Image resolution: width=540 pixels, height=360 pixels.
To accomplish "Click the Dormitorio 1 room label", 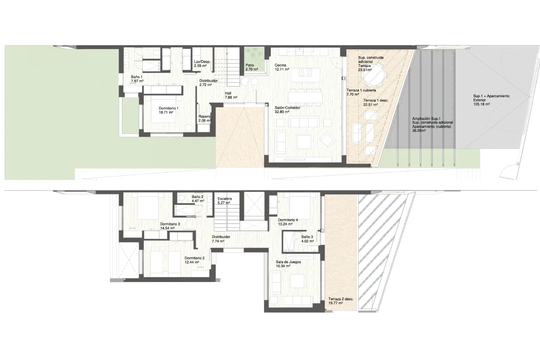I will click(168, 108).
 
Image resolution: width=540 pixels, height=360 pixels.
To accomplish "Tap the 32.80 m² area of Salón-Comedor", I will click(282, 112).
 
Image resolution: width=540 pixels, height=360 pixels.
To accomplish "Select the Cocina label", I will click(280, 65).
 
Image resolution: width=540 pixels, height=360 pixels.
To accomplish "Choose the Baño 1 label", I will click(137, 77).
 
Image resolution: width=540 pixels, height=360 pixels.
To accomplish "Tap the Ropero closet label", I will click(204, 117).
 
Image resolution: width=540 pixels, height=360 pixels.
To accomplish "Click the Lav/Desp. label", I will click(202, 62).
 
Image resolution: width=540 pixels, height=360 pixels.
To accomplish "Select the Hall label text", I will click(228, 93).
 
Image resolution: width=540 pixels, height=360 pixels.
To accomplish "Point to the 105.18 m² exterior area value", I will click(481, 104).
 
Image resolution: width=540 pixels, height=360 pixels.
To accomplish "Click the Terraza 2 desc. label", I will click(341, 299).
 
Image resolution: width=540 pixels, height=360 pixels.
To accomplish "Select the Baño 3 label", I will click(307, 237).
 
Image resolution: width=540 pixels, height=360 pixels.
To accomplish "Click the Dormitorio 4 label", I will click(288, 220).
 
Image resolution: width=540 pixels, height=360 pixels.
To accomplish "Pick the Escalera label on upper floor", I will click(225, 199).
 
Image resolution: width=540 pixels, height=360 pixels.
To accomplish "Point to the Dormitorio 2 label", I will click(194, 258).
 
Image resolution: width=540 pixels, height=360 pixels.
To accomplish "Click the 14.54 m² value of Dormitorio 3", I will click(167, 228).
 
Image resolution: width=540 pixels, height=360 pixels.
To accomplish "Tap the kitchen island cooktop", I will click(305, 72).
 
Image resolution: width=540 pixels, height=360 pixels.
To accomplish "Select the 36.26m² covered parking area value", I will click(419, 131).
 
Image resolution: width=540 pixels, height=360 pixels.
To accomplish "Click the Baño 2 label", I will click(198, 197).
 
